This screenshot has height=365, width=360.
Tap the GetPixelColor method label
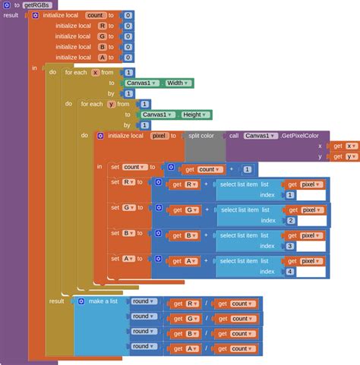click(x=304, y=135)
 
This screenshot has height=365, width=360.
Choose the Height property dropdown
click(x=194, y=115)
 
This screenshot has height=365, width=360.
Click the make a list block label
click(x=106, y=301)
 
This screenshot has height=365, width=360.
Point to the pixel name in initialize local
click(x=159, y=136)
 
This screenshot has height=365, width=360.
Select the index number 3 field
click(x=289, y=246)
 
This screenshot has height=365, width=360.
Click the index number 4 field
click(x=289, y=271)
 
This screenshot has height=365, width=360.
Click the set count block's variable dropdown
click(x=135, y=167)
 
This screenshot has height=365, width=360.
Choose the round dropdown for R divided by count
click(x=144, y=301)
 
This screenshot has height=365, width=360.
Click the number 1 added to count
click(x=248, y=169)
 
